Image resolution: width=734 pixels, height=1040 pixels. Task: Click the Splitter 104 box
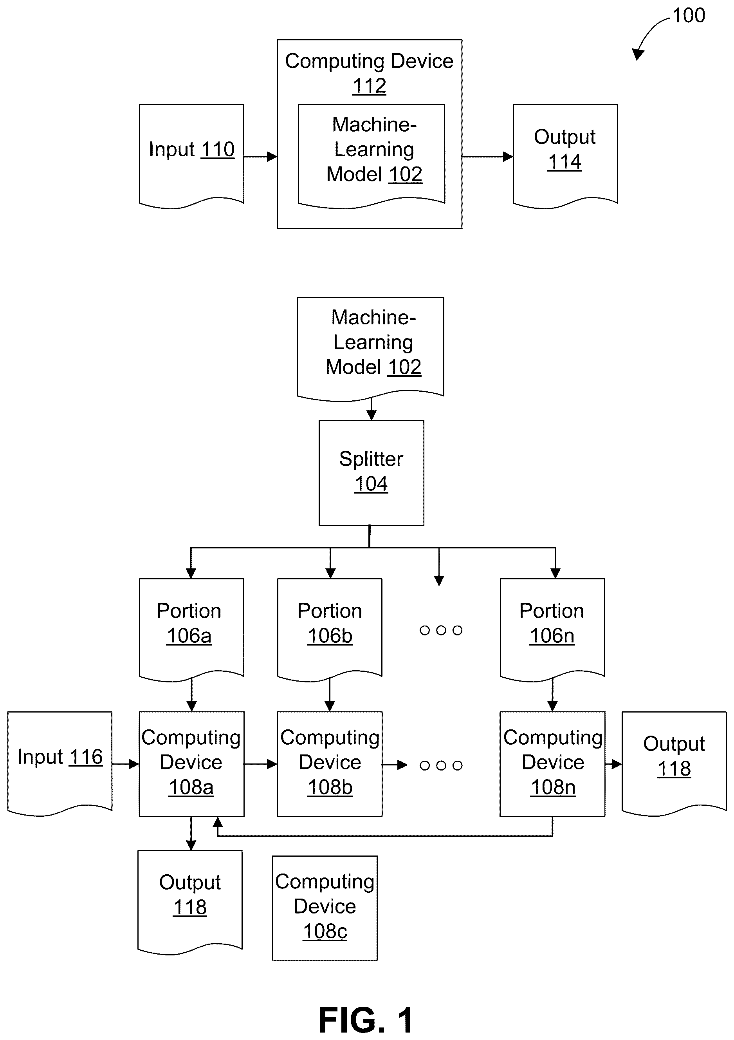point(371,473)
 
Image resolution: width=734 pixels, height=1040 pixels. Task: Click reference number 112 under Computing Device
point(370,86)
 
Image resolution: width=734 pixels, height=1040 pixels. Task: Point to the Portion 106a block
point(191,630)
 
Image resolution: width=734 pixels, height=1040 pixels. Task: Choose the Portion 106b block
point(330,630)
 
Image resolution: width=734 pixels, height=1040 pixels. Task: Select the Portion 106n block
point(552,630)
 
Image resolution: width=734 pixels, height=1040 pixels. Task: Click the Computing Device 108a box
point(191,764)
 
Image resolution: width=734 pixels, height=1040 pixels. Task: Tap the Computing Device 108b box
point(330,764)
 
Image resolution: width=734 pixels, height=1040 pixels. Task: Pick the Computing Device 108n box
point(552,764)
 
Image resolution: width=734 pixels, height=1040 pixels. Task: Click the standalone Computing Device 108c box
point(325,908)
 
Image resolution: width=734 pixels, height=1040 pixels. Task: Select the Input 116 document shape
point(60,764)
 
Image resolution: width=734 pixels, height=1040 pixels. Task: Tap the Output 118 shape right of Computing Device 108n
point(674,764)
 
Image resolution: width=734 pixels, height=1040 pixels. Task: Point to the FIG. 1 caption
point(366,1020)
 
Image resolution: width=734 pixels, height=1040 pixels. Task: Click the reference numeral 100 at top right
point(689,15)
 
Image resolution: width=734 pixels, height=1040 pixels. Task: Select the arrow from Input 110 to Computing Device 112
point(260,157)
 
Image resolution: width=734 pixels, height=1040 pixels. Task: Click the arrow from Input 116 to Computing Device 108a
point(125,764)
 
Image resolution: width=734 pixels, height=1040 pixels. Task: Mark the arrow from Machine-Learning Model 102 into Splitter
point(371,409)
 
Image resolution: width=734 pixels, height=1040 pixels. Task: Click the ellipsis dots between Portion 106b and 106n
point(441,630)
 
